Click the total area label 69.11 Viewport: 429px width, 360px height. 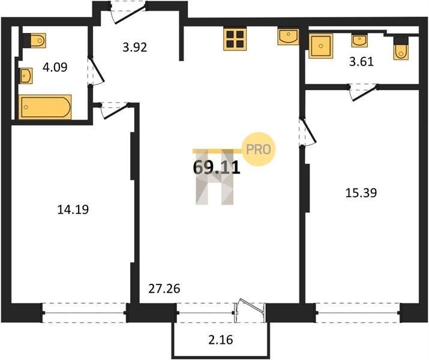217,167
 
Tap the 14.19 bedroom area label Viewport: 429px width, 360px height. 73,210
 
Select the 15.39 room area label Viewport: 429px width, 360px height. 361,193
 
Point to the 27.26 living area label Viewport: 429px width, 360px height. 164,289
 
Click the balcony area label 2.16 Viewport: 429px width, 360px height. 221,340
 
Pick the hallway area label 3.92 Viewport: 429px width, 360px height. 135,47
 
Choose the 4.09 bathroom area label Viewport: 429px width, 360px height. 55,67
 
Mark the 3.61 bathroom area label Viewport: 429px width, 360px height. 361,62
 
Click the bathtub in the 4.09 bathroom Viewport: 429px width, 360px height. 45,107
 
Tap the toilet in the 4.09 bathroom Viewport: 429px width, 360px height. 34,40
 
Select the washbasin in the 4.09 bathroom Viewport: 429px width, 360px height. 26,76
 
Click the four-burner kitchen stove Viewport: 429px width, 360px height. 235,40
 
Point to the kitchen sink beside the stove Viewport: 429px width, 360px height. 288,37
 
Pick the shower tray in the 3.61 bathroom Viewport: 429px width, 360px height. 321,46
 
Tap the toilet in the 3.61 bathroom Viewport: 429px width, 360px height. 401,48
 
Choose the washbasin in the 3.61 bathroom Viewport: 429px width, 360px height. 359,41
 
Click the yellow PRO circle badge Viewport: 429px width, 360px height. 259,149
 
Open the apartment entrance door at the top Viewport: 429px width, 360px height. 128,13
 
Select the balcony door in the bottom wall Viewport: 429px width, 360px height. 250,311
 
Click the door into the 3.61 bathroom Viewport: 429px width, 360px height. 364,92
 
